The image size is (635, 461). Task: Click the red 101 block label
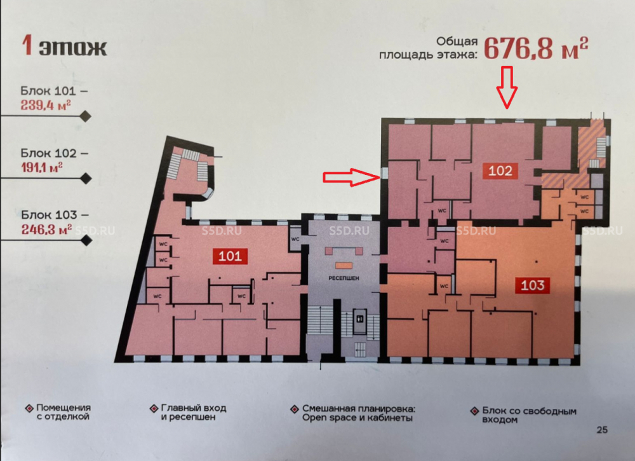[x=230, y=256]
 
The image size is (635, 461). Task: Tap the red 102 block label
[x=500, y=170]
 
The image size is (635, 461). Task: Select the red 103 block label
[x=533, y=285]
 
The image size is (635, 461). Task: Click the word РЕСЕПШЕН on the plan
[x=344, y=278]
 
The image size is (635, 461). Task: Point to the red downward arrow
[x=507, y=88]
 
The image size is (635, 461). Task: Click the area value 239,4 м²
[x=46, y=106]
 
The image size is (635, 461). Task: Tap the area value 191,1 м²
[x=42, y=167]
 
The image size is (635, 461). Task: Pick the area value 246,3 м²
[x=46, y=229]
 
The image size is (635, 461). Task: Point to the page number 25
[x=602, y=430]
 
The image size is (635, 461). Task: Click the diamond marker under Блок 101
[x=86, y=116]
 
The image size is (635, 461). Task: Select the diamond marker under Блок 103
[x=86, y=240]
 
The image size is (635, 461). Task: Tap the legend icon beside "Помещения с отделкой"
[x=29, y=408]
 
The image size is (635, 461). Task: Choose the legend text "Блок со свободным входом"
[x=529, y=415]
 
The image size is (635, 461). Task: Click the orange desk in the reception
[x=344, y=266]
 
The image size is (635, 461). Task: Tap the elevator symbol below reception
[x=359, y=319]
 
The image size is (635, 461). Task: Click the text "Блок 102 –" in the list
[x=55, y=153]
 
